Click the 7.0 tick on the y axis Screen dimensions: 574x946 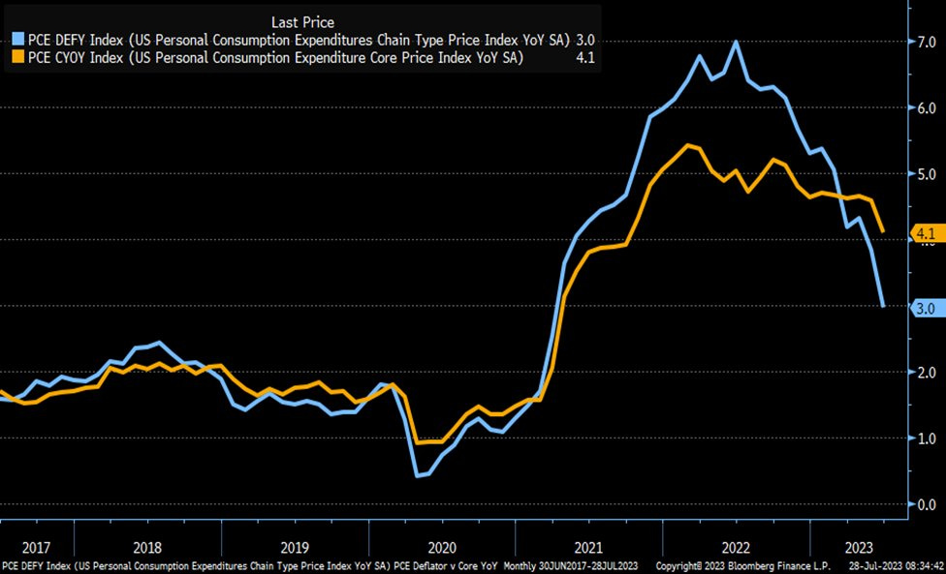[927, 43]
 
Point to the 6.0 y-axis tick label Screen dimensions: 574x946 [927, 108]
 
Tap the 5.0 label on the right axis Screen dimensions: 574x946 [927, 174]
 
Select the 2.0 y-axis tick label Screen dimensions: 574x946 [927, 373]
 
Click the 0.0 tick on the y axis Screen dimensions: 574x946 [927, 504]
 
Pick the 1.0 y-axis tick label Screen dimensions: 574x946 [927, 438]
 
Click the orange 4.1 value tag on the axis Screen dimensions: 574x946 [924, 233]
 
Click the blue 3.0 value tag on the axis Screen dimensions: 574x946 [924, 308]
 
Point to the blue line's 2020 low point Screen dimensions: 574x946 [418, 475]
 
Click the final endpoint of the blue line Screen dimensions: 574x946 [883, 307]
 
